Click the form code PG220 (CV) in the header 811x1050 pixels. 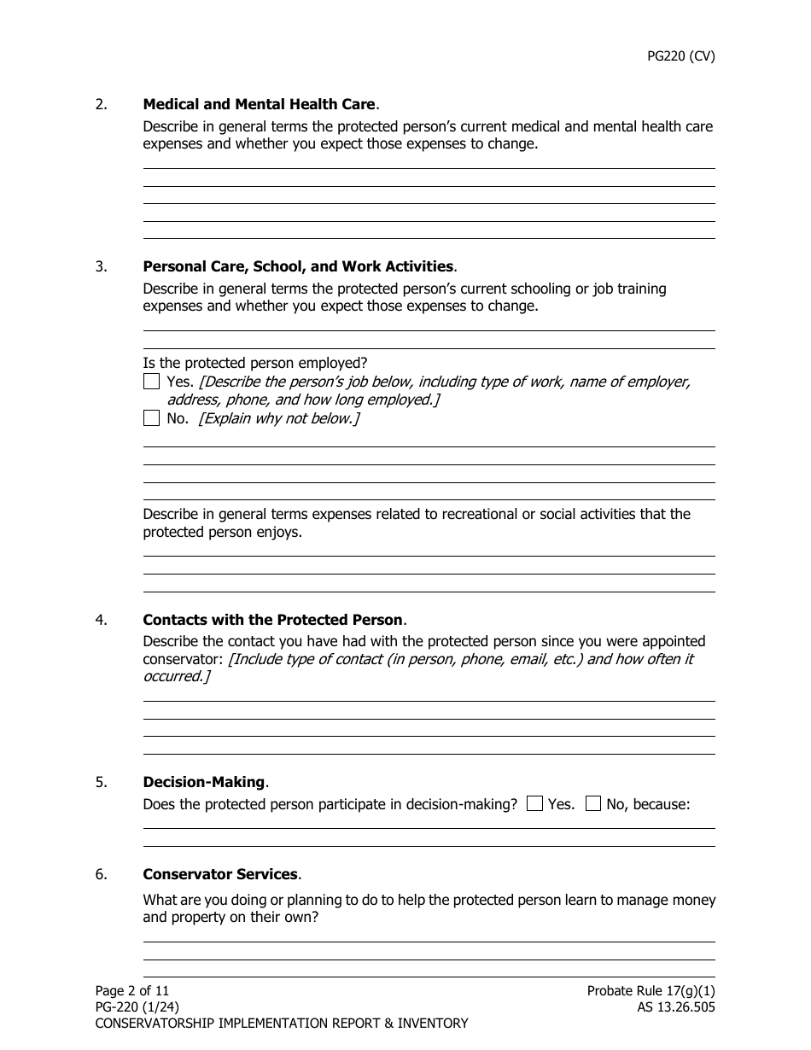click(680, 56)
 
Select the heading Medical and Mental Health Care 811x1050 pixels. click(259, 104)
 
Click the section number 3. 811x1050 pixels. click(102, 266)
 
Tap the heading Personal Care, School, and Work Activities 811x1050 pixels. click(298, 266)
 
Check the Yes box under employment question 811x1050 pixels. click(151, 382)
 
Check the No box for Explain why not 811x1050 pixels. click(151, 418)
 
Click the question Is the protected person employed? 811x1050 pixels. click(255, 363)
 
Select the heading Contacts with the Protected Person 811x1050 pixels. click(272, 620)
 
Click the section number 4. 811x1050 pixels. click(102, 620)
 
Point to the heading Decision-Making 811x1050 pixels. click(204, 782)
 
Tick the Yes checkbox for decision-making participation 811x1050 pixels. click(535, 803)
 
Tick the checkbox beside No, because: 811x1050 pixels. click(593, 803)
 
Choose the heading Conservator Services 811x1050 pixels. click(220, 874)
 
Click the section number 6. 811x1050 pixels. click(102, 874)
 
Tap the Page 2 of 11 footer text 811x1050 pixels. click(132, 991)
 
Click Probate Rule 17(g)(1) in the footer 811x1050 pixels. click(651, 991)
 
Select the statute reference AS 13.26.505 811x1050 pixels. click(670, 1007)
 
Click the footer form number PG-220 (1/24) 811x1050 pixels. click(137, 1007)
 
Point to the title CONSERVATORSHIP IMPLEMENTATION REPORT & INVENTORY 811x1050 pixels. click(282, 1024)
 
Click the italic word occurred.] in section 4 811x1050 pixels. click(176, 676)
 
